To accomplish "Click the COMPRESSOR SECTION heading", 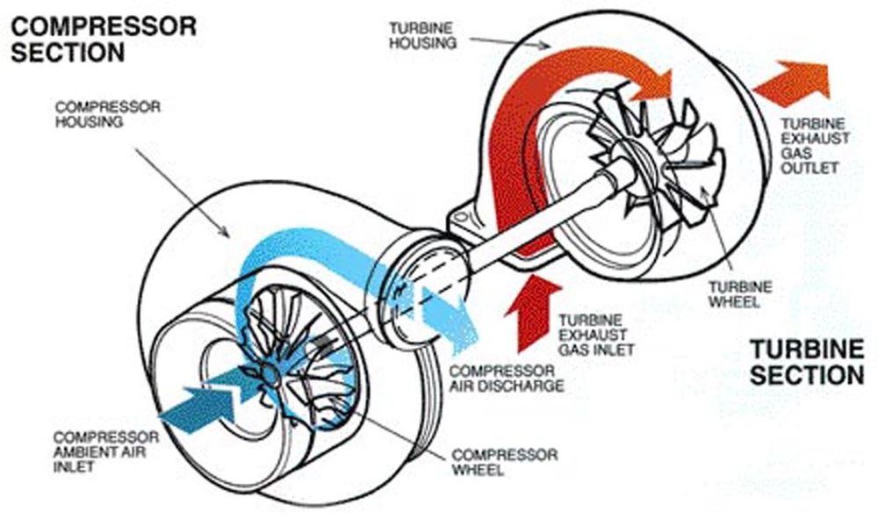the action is [104, 40].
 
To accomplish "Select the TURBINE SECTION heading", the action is [807, 362].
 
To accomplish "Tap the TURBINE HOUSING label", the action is [423, 35].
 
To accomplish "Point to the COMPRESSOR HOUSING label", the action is [107, 114].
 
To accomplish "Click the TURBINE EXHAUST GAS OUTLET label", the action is [815, 146].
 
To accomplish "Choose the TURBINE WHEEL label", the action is [739, 294].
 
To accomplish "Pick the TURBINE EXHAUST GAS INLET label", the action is [596, 335].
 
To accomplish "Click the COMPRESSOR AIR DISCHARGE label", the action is [507, 379].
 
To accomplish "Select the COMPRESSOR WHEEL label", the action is [505, 462].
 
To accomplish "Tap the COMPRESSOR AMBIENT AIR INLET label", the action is [106, 451].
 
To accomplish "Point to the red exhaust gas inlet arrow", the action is [532, 312].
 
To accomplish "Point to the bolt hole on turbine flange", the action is [460, 217].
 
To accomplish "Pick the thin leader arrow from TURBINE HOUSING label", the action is [509, 42].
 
